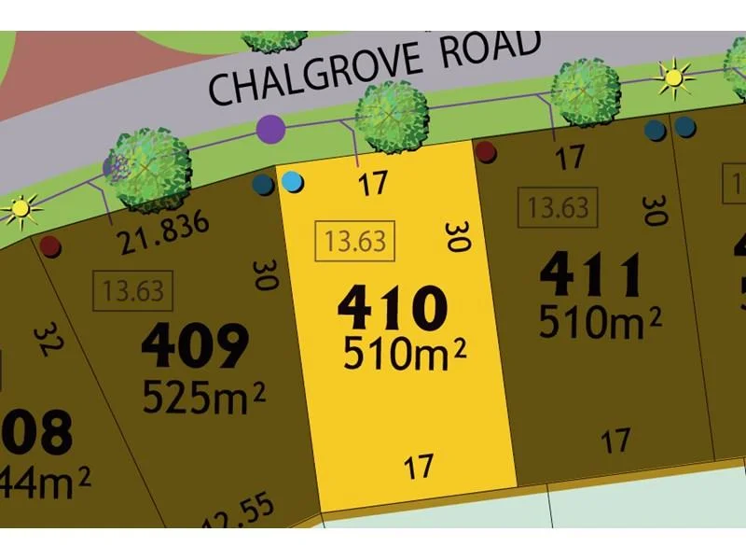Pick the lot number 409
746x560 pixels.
tap(195, 345)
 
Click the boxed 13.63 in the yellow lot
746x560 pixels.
tap(355, 242)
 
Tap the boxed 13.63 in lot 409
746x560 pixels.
tap(133, 291)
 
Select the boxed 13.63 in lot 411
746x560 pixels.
tap(558, 207)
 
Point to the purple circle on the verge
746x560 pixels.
tap(270, 128)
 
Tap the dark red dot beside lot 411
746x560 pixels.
tap(485, 151)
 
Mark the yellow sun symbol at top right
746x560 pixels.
tap(673, 77)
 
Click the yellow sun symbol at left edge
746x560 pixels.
tap(20, 208)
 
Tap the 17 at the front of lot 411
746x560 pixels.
tap(571, 158)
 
